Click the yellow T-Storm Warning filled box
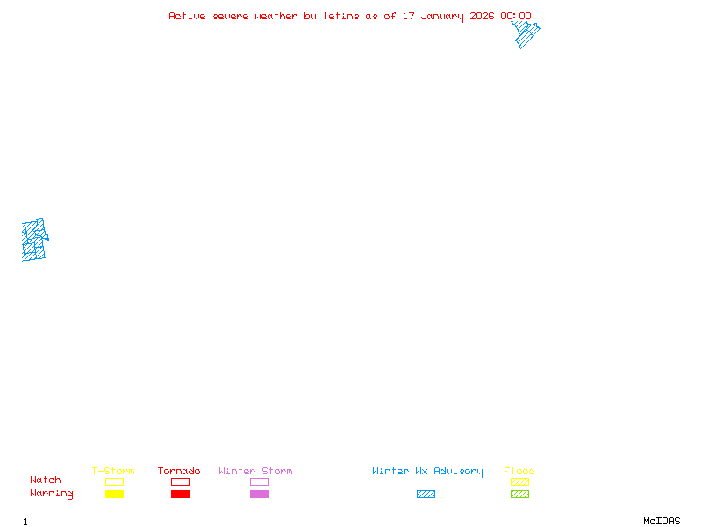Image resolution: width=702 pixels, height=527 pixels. point(114,495)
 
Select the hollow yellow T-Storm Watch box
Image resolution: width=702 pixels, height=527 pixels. point(114,482)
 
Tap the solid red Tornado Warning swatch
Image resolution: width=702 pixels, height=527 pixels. point(180,495)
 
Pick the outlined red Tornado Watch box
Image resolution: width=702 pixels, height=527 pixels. point(180,482)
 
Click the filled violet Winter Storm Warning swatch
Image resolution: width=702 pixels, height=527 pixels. point(259,495)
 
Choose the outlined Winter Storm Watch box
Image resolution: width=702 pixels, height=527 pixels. point(259,482)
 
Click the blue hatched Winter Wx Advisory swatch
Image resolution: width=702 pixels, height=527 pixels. point(426,495)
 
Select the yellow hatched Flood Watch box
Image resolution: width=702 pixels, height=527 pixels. point(519,482)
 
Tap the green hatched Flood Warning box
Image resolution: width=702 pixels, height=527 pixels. point(519,495)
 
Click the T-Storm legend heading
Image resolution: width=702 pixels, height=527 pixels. point(113,472)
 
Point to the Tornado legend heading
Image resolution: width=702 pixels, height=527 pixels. point(179,472)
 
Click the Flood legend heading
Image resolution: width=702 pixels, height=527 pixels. point(519,472)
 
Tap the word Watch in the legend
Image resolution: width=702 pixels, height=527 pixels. point(46,480)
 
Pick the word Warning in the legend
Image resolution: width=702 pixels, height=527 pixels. point(52,494)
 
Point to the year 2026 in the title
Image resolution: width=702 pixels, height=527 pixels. point(483,16)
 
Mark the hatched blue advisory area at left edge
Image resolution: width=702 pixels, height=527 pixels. point(33,240)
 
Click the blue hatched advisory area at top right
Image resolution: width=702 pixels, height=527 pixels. point(526,34)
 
